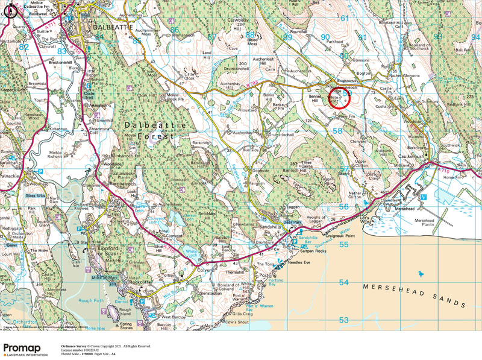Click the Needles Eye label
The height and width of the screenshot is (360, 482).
[299, 263]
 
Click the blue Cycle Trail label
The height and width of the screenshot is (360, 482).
[89, 95]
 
